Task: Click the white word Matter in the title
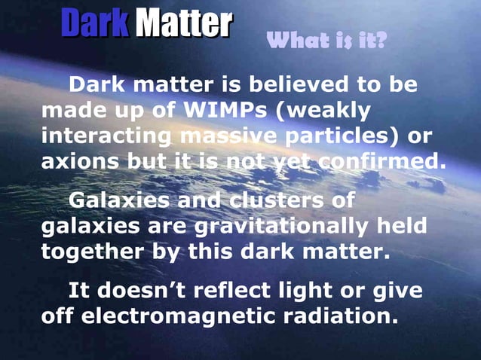[x=183, y=25]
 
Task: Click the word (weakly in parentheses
[x=323, y=110]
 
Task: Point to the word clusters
[x=268, y=201]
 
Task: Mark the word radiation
[x=339, y=316]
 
